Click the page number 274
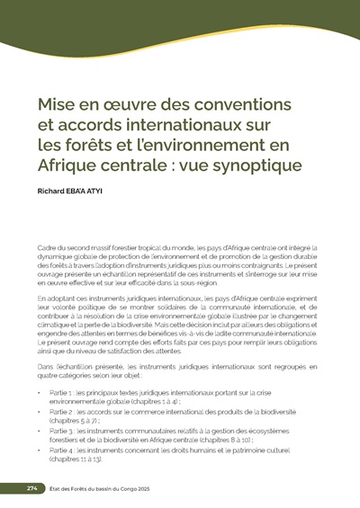(x=30, y=487)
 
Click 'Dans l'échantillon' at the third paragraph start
(x=67, y=369)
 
